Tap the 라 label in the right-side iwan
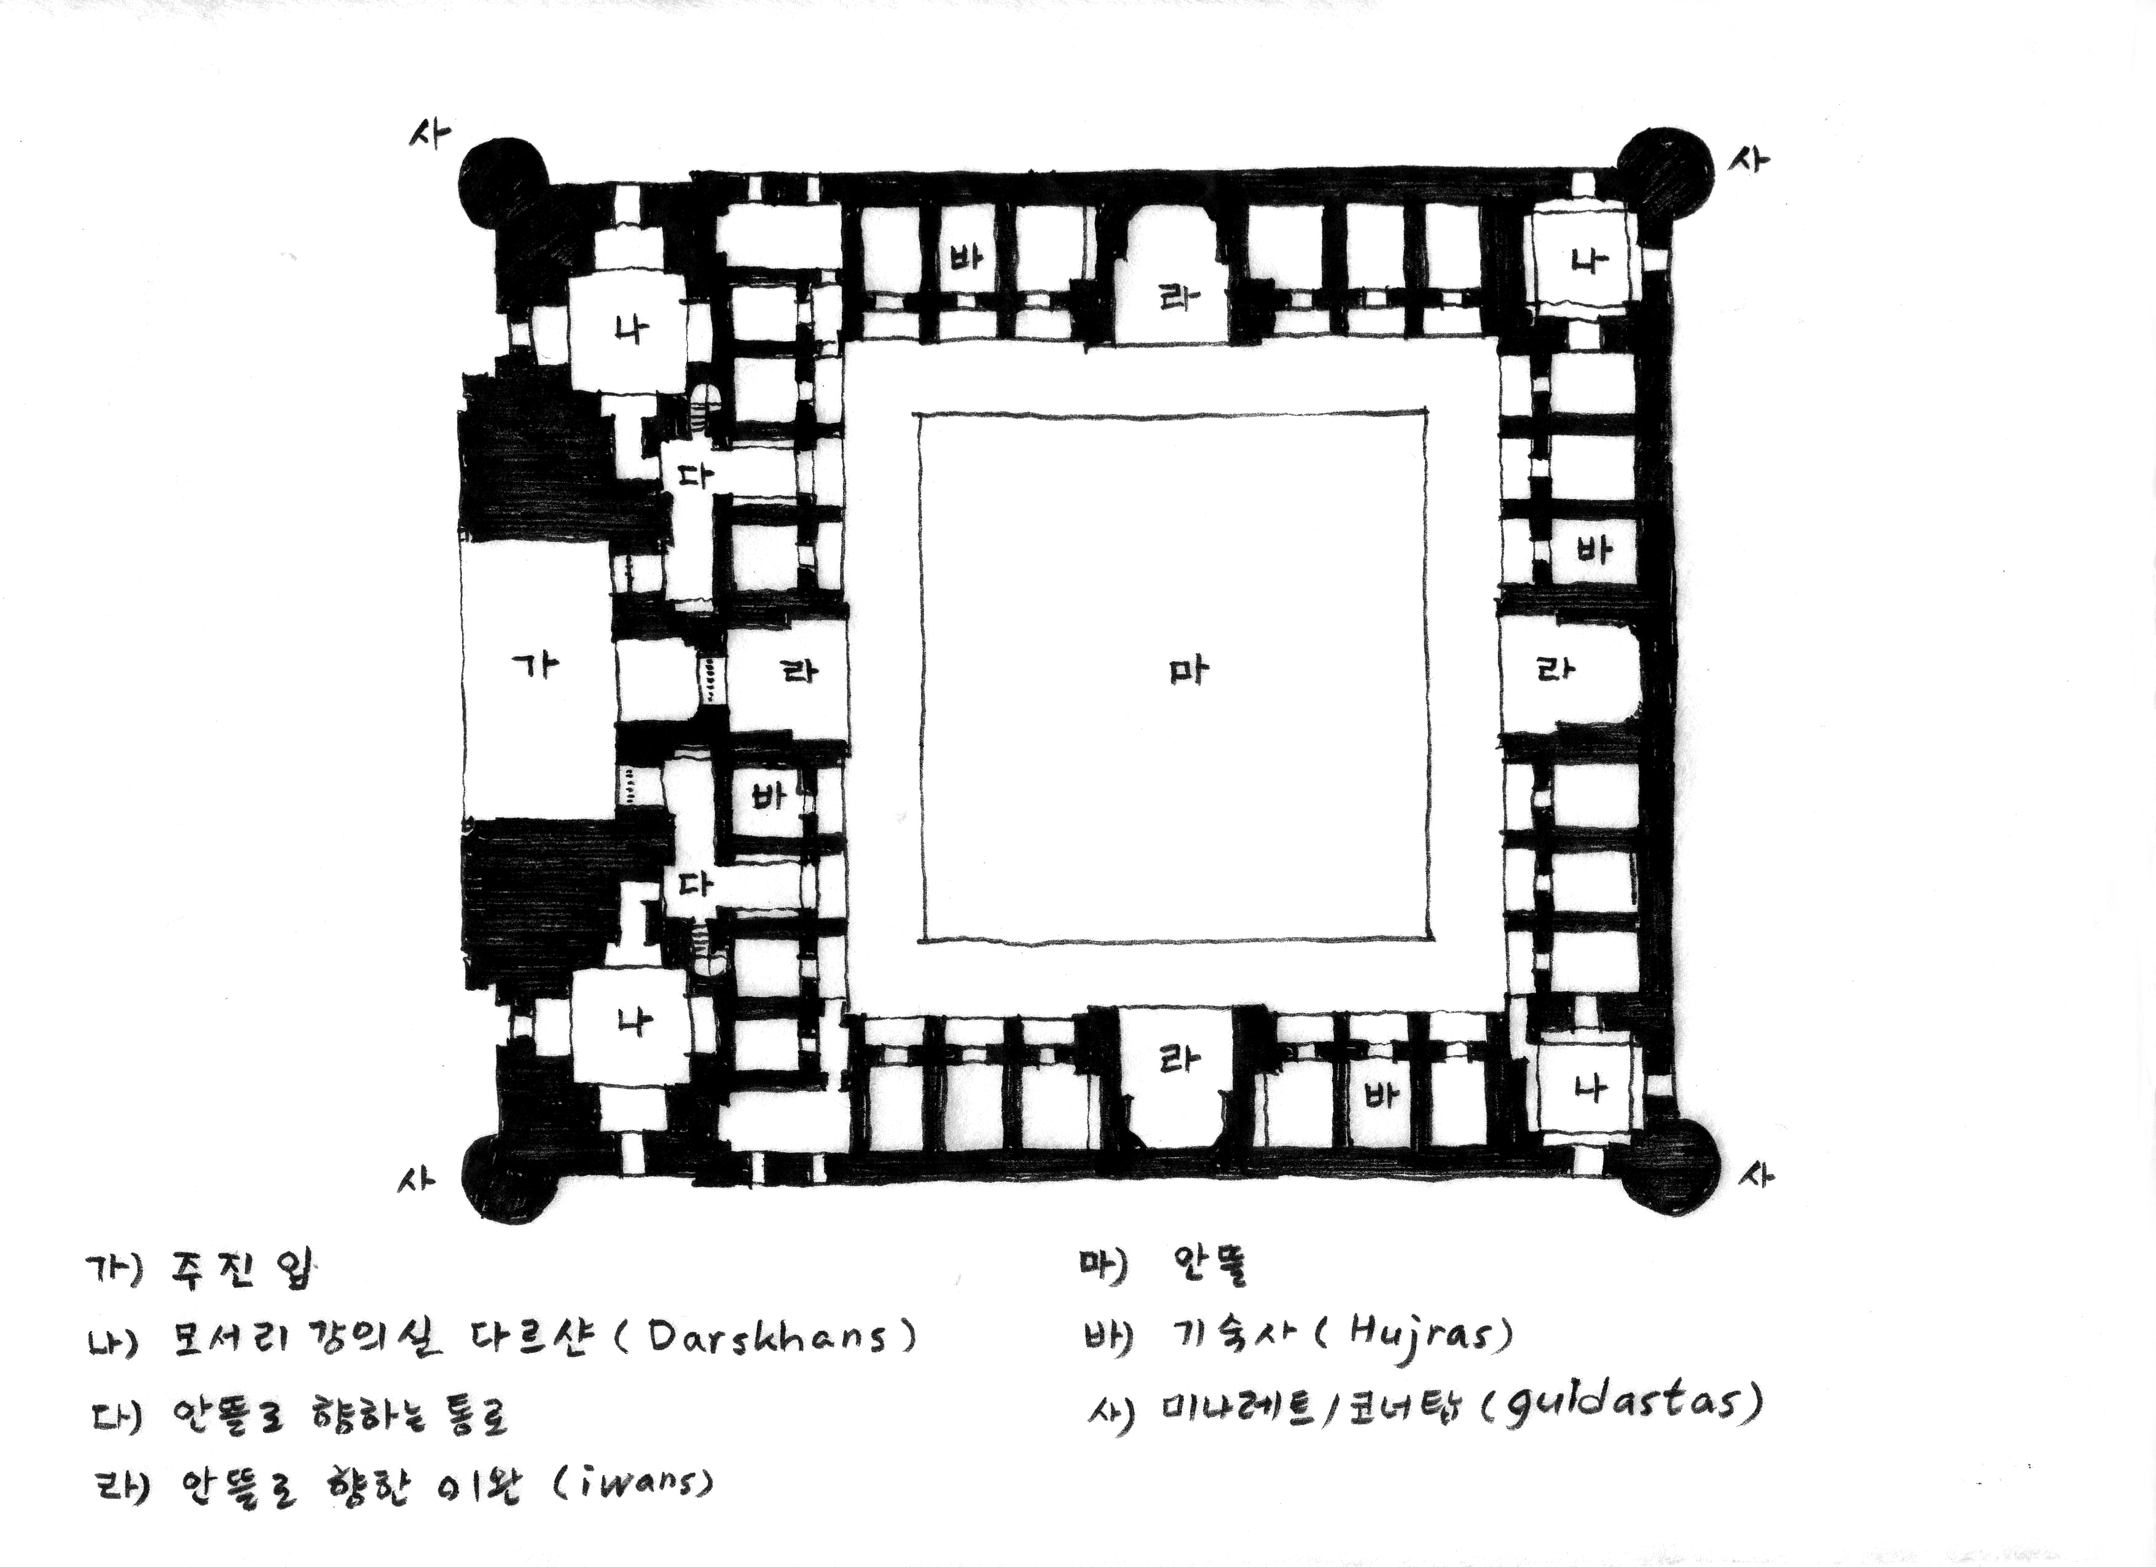pos(1555,670)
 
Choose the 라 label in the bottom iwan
pos(1179,1058)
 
